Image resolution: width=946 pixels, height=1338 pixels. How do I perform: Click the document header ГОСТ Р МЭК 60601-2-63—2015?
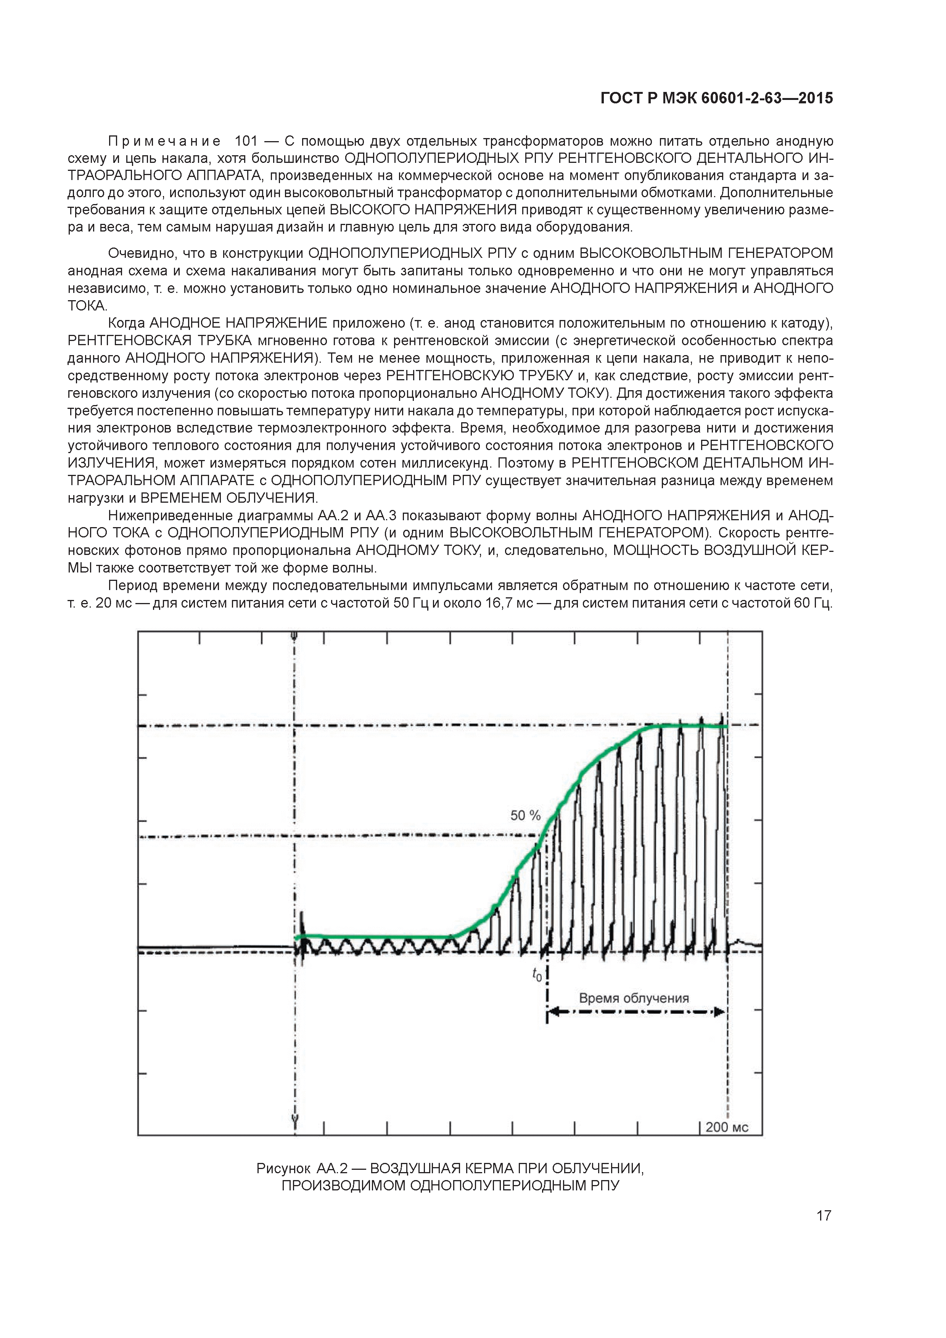click(x=716, y=98)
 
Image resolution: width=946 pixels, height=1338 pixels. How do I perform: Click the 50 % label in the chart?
click(x=525, y=815)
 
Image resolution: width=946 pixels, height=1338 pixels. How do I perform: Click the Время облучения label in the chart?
click(x=634, y=998)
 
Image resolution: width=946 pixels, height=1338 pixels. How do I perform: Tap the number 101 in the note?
click(x=245, y=141)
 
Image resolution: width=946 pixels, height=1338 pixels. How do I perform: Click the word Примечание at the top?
click(x=164, y=141)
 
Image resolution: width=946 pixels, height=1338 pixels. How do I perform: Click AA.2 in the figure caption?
click(x=332, y=1168)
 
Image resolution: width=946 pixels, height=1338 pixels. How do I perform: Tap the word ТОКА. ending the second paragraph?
click(x=87, y=306)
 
